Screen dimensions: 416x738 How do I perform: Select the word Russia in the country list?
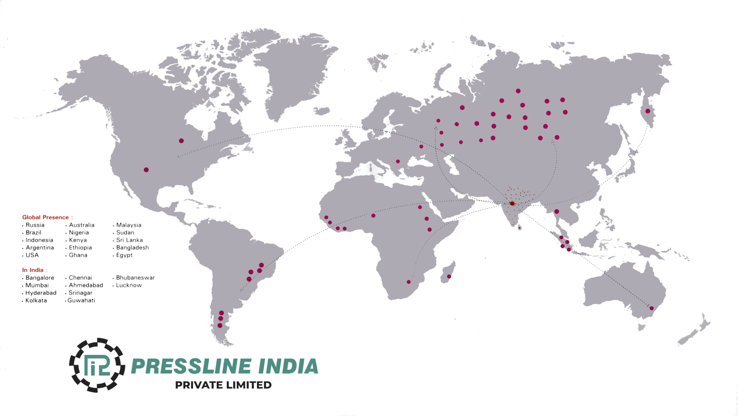[x=35, y=225]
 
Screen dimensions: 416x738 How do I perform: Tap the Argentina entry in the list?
[x=40, y=247]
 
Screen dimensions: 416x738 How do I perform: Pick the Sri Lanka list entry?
[x=129, y=240]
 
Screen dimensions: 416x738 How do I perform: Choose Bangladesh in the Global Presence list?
[x=132, y=247]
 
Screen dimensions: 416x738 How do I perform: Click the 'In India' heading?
[x=33, y=270]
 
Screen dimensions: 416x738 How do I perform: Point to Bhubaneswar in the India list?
[x=135, y=278]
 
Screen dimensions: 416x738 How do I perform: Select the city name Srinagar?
[x=80, y=293]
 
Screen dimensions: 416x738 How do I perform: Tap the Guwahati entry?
[x=81, y=300]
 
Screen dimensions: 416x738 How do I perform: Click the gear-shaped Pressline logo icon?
[x=97, y=365]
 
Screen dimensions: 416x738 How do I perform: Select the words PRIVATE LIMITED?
[x=223, y=385]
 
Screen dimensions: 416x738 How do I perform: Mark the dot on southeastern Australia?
[x=651, y=308]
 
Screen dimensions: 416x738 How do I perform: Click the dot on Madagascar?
[x=449, y=277]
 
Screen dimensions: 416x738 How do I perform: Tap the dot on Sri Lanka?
[x=519, y=228]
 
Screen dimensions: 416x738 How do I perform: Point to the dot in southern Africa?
[x=408, y=282]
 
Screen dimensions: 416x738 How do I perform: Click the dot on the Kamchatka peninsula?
[x=648, y=111]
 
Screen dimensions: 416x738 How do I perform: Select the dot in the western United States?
[x=146, y=170]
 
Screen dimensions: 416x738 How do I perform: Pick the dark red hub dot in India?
[x=512, y=203]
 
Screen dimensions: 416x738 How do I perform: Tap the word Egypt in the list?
[x=124, y=255]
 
